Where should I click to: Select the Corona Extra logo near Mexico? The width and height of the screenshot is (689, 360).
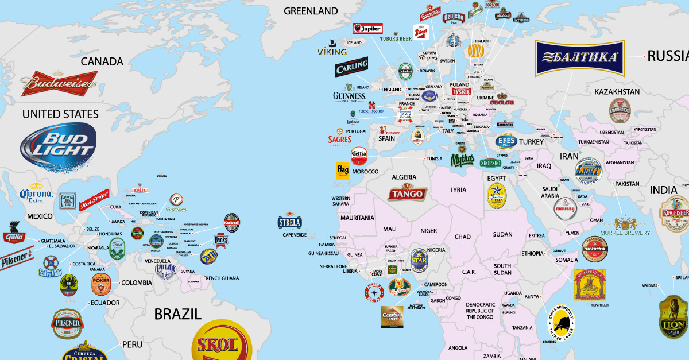[x=36, y=195]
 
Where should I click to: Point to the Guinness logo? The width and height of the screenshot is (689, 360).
[x=349, y=96]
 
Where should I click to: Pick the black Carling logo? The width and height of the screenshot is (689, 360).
[x=351, y=68]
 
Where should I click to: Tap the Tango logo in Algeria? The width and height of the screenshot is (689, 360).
[x=407, y=193]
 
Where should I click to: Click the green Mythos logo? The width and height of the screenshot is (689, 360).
[x=462, y=158]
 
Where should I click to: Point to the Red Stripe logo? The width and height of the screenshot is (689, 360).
[x=94, y=200]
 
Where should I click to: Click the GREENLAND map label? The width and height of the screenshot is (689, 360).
[x=311, y=11]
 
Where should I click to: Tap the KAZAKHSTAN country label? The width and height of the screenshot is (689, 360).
[x=617, y=92]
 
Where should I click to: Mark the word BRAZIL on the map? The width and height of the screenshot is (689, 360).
[x=177, y=313]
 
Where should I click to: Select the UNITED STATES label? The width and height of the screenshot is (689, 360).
[x=60, y=114]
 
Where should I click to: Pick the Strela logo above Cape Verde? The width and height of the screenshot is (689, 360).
[x=289, y=222]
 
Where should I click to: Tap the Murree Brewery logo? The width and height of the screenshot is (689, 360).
[x=625, y=225]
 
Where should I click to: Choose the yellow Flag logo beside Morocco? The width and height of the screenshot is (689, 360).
[x=343, y=171]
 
